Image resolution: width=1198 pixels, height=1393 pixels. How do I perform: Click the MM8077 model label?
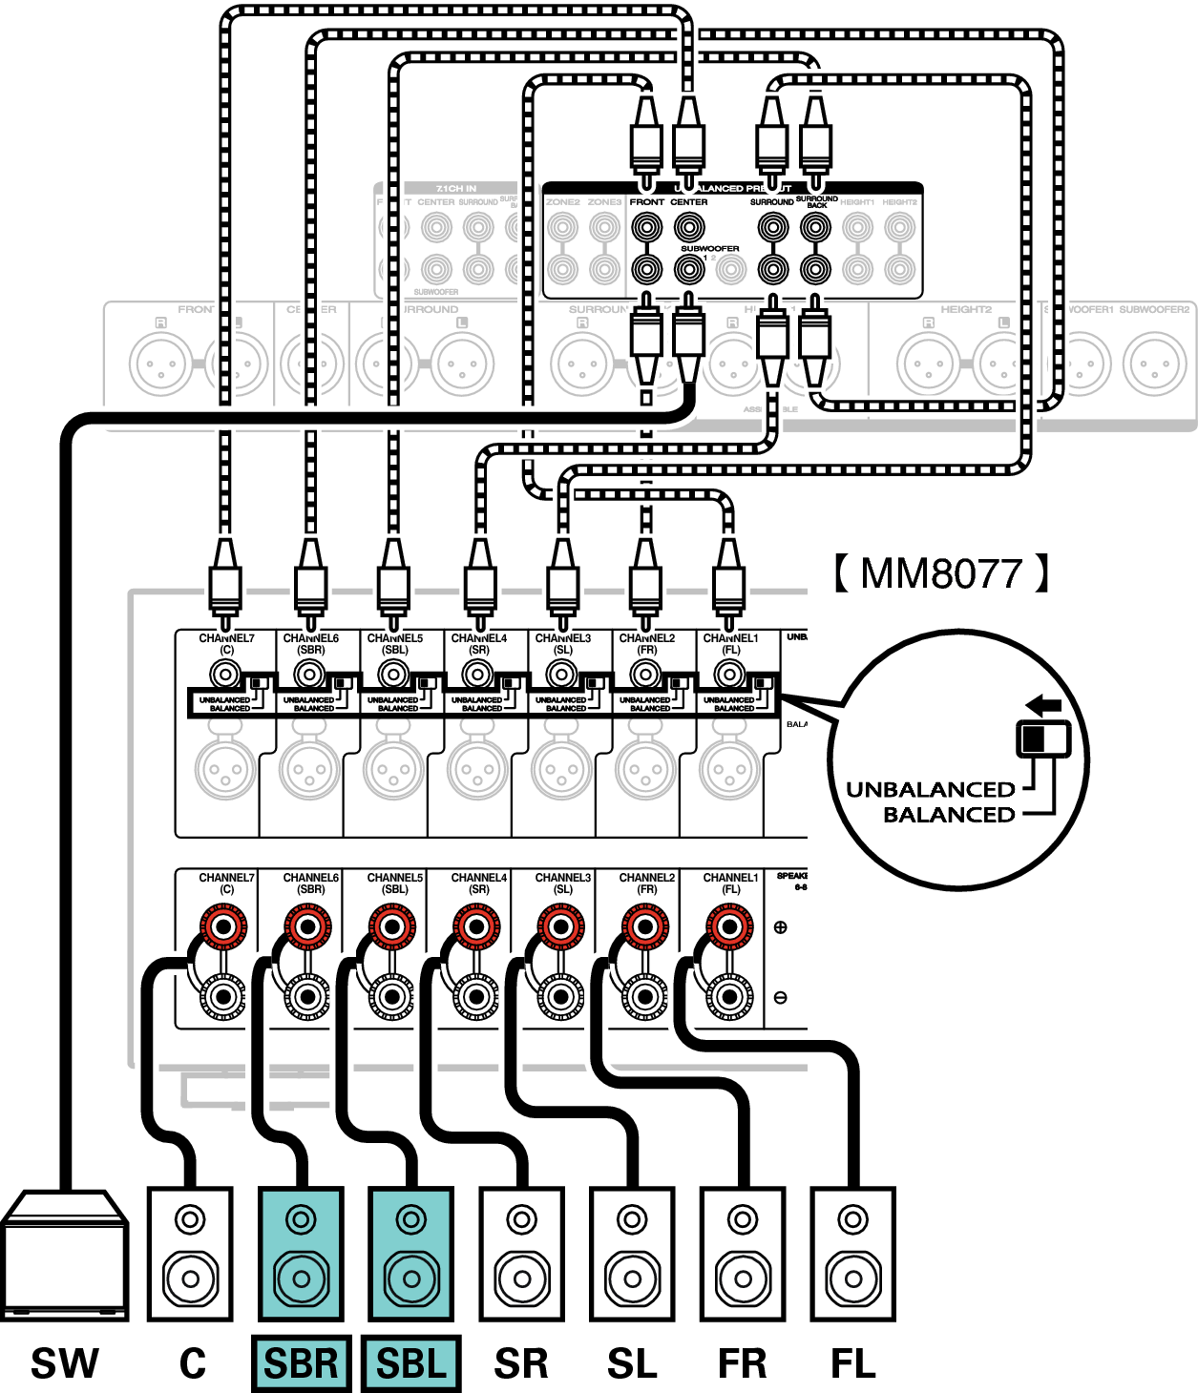[941, 573]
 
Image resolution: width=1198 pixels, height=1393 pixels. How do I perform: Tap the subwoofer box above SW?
[65, 1254]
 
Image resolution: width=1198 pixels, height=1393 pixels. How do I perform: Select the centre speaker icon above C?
[189, 1254]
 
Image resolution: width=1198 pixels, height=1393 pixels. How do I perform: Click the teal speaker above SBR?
[301, 1254]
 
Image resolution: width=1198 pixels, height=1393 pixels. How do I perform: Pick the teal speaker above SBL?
[411, 1254]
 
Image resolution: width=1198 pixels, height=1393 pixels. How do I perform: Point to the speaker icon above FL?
[852, 1254]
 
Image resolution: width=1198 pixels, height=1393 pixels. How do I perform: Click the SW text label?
[65, 1363]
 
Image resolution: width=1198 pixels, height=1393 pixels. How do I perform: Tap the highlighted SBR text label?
[301, 1363]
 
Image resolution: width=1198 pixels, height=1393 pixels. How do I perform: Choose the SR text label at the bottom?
[521, 1363]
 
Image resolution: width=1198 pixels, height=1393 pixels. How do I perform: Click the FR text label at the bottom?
[743, 1363]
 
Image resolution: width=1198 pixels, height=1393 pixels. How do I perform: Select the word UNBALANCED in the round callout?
[931, 790]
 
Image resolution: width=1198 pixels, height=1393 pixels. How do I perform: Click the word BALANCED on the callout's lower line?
[949, 815]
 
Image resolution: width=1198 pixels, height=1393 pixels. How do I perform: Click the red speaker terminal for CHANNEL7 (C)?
[223, 926]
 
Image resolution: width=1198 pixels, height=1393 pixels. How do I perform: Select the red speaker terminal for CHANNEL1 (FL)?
[729, 926]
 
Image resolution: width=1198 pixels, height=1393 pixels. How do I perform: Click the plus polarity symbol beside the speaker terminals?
[780, 926]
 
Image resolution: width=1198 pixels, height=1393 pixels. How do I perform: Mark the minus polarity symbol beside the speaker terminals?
[780, 997]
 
